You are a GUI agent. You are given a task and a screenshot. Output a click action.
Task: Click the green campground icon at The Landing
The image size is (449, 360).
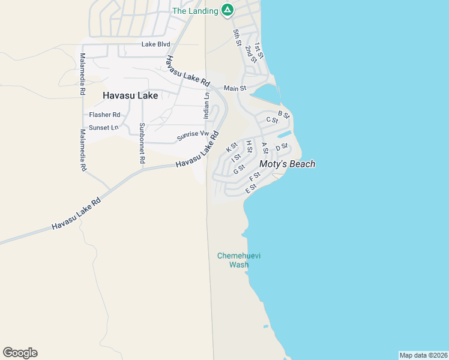227,10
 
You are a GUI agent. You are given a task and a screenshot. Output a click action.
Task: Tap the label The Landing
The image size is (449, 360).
195,11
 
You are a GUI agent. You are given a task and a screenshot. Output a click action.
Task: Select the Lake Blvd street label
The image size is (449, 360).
156,44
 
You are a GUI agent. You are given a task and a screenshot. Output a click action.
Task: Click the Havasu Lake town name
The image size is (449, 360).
130,95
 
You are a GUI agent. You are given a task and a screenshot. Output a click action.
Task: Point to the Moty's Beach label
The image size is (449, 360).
287,164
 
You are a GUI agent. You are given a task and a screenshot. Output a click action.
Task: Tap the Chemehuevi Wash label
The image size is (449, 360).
239,260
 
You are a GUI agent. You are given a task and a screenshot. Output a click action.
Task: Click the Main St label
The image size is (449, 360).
235,88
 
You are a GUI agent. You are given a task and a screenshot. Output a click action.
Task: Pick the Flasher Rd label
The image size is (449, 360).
104,115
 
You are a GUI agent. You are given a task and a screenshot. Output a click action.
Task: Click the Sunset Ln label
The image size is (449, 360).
104,128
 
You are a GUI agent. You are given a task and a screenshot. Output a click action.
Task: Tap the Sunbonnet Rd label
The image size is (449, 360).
142,143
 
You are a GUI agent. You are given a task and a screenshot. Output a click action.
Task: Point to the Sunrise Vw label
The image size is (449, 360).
193,136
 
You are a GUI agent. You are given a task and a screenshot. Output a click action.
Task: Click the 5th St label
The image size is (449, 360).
237,37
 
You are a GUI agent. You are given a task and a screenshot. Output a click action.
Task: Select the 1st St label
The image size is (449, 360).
259,50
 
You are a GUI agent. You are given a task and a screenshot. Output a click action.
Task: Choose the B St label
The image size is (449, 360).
284,114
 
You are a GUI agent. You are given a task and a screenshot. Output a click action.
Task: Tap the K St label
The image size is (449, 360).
232,148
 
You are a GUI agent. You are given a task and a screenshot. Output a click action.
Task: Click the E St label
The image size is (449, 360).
251,188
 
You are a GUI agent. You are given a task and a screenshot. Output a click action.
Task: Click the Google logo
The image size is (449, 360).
20,353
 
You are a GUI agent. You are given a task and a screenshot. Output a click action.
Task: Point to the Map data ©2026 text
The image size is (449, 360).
423,355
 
